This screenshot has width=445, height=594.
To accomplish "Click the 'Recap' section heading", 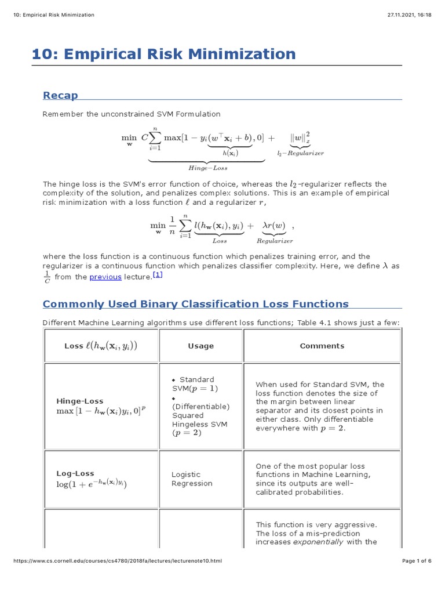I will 60,95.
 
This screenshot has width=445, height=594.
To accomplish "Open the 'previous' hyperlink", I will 105,277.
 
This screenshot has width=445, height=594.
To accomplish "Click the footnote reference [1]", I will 158,275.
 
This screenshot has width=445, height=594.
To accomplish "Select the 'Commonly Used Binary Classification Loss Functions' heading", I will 196,304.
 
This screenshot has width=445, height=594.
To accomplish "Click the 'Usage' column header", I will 200,346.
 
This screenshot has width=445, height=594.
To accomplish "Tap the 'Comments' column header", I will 322,346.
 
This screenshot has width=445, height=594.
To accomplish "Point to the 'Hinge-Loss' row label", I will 80,401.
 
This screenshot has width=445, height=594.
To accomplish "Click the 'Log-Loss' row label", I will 75,473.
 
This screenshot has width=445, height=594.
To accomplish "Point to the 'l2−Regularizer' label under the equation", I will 300,153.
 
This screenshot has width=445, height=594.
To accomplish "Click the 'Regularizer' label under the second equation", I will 275,241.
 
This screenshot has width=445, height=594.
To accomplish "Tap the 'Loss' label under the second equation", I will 220,241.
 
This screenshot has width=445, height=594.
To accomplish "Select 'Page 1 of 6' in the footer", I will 417,561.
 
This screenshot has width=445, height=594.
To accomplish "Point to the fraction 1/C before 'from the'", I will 47,277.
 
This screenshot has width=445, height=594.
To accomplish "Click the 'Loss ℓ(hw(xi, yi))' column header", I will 101,346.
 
